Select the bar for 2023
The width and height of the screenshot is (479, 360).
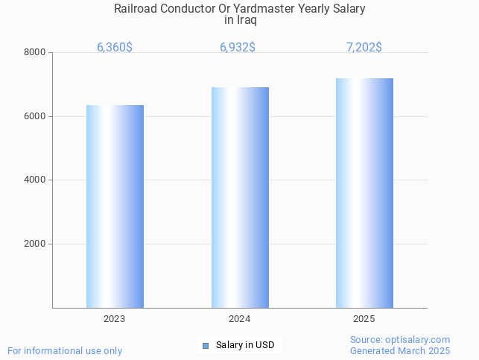(115, 206)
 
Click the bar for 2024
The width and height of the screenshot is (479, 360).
(239, 198)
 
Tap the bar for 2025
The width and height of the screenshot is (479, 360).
(364, 193)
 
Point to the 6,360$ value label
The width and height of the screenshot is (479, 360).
(115, 47)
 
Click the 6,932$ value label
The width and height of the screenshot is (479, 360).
(238, 47)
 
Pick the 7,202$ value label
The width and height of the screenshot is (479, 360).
(364, 47)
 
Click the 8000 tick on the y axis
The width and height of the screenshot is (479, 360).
(34, 52)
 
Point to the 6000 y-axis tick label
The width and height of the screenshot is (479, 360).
(34, 116)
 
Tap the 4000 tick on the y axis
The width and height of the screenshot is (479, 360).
(34, 180)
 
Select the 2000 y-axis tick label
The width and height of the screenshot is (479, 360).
(34, 244)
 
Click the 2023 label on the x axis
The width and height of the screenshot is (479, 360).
(114, 319)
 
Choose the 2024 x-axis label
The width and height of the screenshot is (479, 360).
(239, 319)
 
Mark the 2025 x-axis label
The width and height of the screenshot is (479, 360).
(364, 319)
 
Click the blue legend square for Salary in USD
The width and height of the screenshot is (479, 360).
(206, 345)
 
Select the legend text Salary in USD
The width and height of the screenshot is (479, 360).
(245, 345)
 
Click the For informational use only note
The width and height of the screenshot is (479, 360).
(65, 350)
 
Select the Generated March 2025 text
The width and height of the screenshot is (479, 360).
(400, 350)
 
